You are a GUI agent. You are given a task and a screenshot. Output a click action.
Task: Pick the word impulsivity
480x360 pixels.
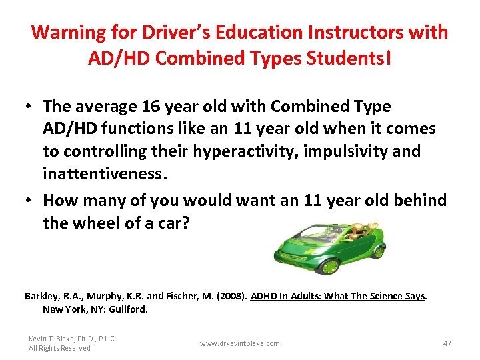[345, 151]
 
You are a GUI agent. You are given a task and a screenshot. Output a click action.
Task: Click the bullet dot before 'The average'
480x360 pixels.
[30, 107]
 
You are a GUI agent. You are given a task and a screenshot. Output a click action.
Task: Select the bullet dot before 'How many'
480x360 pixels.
[30, 200]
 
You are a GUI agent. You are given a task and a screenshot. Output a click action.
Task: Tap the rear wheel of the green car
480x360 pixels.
[378, 252]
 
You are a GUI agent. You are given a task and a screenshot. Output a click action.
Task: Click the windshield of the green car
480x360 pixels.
[319, 233]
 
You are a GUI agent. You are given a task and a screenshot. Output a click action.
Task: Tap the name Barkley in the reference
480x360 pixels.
[41, 296]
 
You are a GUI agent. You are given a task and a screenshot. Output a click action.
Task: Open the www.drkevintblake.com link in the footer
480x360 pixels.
[240, 343]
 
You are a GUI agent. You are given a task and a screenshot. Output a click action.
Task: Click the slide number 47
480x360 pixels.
[447, 343]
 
